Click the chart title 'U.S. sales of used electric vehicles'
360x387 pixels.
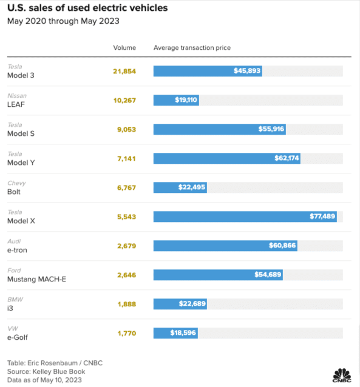[x=87, y=8]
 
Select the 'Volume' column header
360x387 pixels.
[x=124, y=48]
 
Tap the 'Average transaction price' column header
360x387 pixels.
[x=192, y=48]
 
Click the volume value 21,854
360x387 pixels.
[x=124, y=72]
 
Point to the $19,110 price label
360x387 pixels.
[x=186, y=99]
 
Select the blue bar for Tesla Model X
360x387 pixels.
[x=245, y=217]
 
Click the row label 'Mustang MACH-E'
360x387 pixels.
[x=36, y=279]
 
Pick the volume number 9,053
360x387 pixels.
[x=126, y=130]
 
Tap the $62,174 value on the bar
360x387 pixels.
[x=287, y=158]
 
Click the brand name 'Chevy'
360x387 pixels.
[x=16, y=183]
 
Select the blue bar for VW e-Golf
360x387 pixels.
[x=175, y=333]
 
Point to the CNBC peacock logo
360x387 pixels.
[x=342, y=375]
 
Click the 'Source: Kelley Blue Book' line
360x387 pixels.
[x=46, y=371]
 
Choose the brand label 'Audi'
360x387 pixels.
[x=14, y=241]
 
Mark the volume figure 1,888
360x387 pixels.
[x=127, y=304]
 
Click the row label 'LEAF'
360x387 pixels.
[x=16, y=104]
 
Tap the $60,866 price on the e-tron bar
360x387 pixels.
[x=282, y=245]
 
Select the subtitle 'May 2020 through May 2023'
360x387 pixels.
[x=63, y=21]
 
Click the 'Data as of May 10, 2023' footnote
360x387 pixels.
[x=44, y=380]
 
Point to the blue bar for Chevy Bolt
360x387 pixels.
[x=180, y=187]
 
